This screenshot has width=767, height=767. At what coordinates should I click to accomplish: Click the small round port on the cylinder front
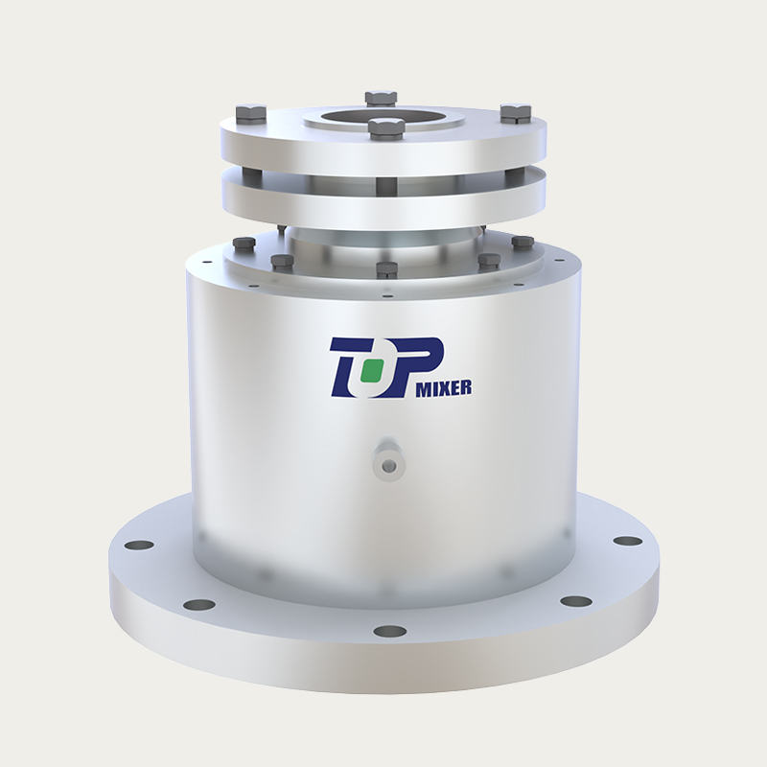[387, 465]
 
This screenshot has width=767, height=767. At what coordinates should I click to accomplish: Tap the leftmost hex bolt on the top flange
[251, 113]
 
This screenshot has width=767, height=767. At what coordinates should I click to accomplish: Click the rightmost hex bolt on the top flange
[515, 112]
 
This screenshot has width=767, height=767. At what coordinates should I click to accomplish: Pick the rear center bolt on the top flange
[381, 98]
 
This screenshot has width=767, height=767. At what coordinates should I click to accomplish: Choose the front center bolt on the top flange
[383, 128]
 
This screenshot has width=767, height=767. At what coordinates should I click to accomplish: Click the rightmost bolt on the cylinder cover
[523, 243]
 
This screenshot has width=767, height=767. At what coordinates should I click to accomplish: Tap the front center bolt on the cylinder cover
[386, 269]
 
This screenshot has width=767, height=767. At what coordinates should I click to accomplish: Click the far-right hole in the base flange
[628, 541]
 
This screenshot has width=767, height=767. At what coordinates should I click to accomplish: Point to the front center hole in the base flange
[389, 631]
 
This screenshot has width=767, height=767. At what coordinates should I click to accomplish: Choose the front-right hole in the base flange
[575, 601]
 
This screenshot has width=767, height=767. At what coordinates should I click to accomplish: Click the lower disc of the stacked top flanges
[383, 197]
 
